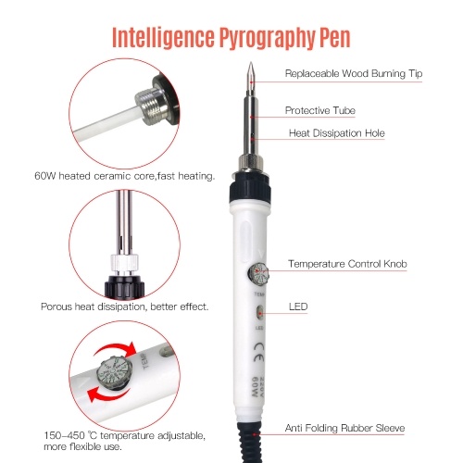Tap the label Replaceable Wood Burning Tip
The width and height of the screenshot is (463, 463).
tap(354, 74)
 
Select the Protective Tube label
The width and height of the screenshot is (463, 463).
tap(320, 110)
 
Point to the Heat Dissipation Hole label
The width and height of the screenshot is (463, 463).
tap(337, 133)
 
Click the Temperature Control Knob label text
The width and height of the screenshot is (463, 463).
tap(347, 264)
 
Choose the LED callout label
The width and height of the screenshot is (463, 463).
tap(298, 307)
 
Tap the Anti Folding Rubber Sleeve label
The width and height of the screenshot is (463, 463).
tap(344, 428)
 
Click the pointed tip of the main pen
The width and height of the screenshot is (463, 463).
tap(251, 63)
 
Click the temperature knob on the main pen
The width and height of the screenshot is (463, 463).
tap(258, 273)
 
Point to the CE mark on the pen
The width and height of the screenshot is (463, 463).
tap(258, 353)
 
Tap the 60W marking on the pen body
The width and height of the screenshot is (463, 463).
tap(256, 387)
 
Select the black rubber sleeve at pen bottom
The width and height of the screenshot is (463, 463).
tap(250, 442)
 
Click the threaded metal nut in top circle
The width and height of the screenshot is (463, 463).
tap(152, 106)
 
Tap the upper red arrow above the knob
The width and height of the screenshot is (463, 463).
tap(117, 350)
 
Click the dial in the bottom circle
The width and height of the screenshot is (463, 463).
tap(114, 372)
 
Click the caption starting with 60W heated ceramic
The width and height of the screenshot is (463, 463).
tap(124, 176)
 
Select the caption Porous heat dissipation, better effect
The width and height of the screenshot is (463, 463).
tap(125, 307)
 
